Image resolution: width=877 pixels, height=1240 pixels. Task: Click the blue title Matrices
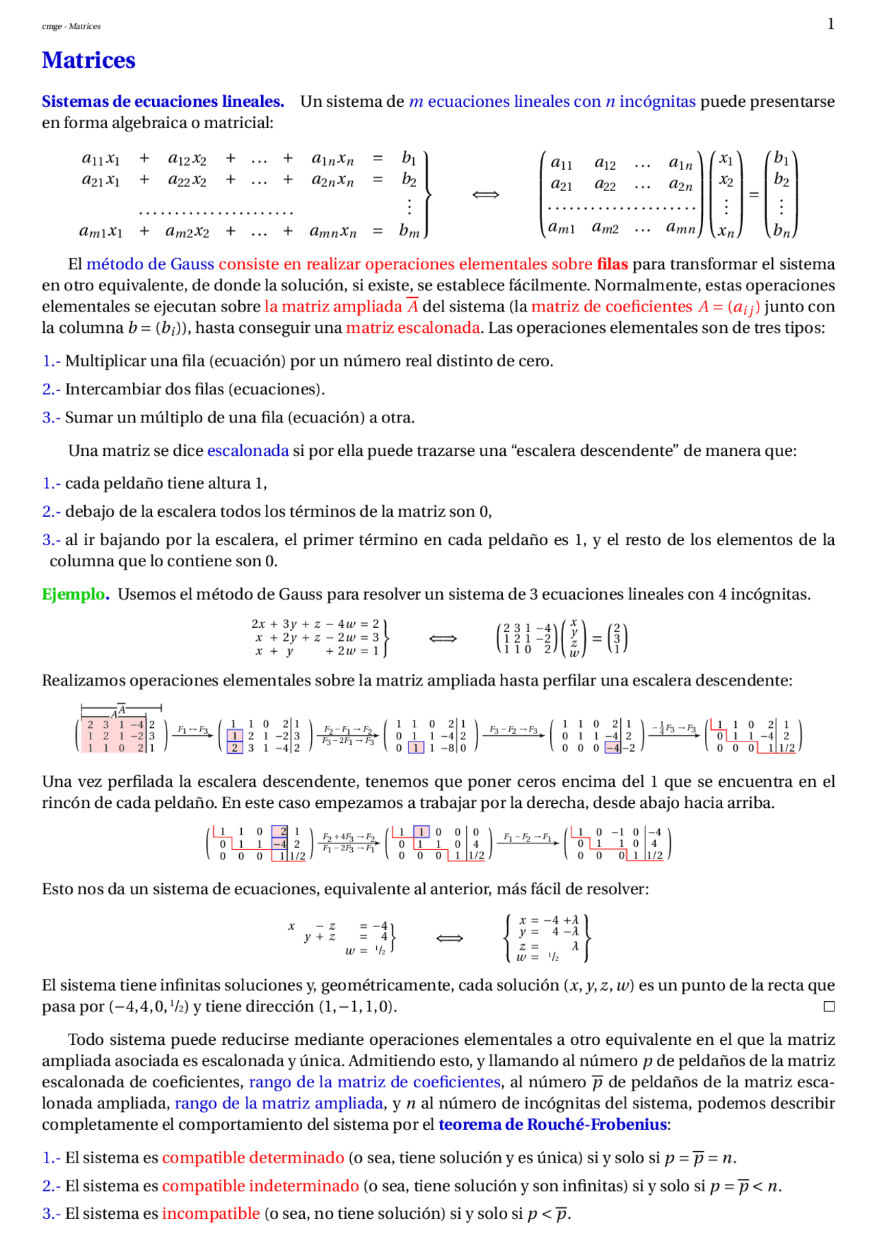tap(88, 60)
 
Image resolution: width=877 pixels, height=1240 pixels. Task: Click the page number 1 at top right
tap(830, 24)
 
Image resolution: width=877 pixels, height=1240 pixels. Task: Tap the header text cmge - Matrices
tap(71, 26)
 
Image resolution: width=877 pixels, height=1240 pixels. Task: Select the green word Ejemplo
tap(75, 594)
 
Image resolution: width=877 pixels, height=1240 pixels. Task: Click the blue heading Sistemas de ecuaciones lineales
tap(162, 101)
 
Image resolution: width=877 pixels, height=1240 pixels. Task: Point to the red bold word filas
tap(613, 264)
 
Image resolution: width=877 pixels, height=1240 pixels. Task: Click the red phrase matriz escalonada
tap(412, 327)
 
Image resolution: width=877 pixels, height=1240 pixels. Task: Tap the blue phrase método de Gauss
tap(150, 264)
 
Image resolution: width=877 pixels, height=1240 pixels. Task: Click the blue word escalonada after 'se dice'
tap(248, 451)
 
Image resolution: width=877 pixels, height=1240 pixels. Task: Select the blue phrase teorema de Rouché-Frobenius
tap(552, 1124)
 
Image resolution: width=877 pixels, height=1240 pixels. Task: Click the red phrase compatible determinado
tap(253, 1157)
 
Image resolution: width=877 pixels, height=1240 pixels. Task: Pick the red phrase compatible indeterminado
tap(260, 1185)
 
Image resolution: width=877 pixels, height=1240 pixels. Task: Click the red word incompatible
tap(211, 1213)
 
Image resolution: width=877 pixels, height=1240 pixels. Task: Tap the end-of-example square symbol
tap(829, 1006)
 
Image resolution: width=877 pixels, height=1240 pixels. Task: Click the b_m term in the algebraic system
tap(409, 231)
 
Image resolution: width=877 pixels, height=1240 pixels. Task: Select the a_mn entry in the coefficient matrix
tap(681, 227)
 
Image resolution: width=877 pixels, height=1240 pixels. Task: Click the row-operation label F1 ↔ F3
tap(193, 730)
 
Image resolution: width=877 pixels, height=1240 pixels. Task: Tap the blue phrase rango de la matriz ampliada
tap(279, 1103)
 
